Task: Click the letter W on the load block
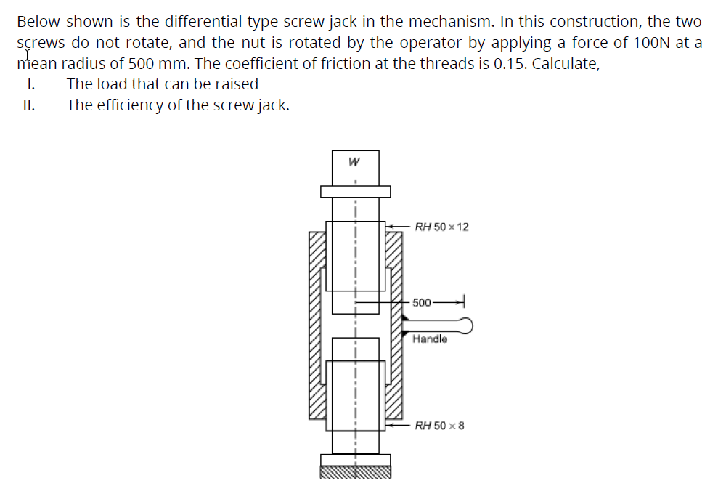pyautogui.click(x=354, y=162)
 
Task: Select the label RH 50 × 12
pyautogui.click(x=441, y=227)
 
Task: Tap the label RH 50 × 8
pyautogui.click(x=438, y=425)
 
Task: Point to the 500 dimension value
pyautogui.click(x=422, y=302)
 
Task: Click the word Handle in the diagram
pyautogui.click(x=430, y=339)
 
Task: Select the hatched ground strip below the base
pyautogui.click(x=355, y=472)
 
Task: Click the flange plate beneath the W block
pyautogui.click(x=355, y=191)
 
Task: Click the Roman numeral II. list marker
pyautogui.click(x=28, y=105)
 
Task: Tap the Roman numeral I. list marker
pyautogui.click(x=30, y=84)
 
